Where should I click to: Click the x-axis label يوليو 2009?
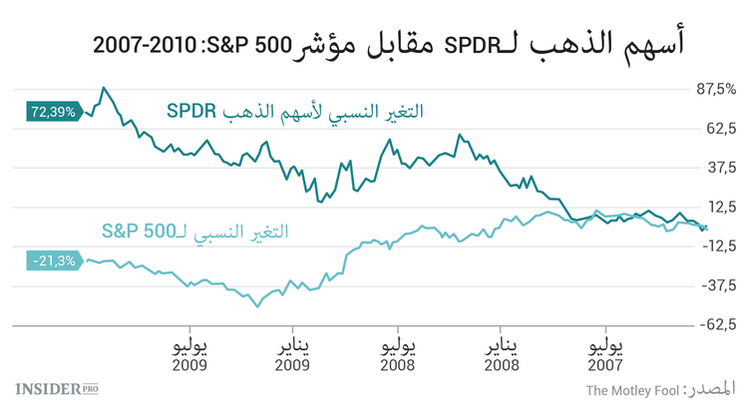[x=188, y=356]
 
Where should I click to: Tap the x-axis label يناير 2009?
[x=292, y=356]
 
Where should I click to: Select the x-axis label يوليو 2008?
[x=397, y=356]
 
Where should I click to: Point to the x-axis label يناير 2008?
[x=501, y=356]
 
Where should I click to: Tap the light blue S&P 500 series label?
[x=194, y=231]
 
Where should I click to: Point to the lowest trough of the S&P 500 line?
[x=256, y=306]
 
